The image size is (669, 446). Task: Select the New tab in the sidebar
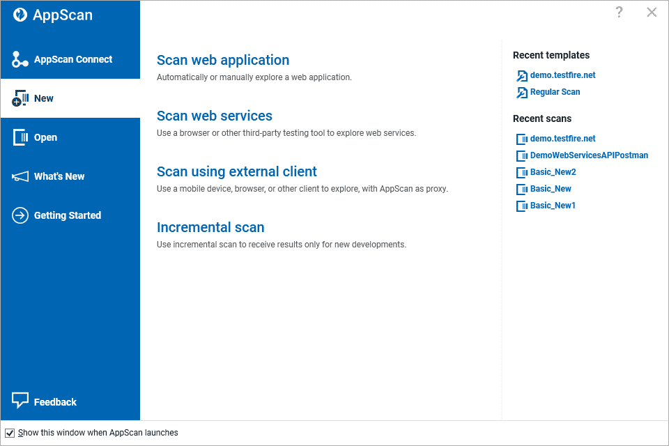pos(43,99)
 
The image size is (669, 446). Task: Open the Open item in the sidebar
pos(45,138)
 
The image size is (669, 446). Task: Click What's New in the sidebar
pos(59,177)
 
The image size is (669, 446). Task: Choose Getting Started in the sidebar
pos(67,216)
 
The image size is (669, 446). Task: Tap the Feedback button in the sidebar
pos(54,402)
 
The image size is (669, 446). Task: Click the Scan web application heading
pos(223,61)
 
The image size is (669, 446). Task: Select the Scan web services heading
pos(215,116)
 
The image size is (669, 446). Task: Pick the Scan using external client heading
pos(237,172)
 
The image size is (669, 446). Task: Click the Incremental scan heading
pos(210,228)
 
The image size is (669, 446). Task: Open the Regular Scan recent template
pos(555,92)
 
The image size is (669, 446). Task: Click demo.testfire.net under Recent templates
pos(562,75)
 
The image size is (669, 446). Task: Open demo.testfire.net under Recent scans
pos(562,139)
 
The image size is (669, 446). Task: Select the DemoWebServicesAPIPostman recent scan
pos(589,155)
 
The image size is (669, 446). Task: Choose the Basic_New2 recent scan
pos(553,172)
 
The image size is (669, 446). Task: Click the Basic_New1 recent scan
pos(553,206)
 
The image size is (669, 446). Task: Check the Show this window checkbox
pos(10,433)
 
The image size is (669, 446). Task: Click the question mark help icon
pos(619,13)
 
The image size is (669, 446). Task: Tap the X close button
pos(652,13)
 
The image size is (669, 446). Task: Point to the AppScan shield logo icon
pos(20,15)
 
